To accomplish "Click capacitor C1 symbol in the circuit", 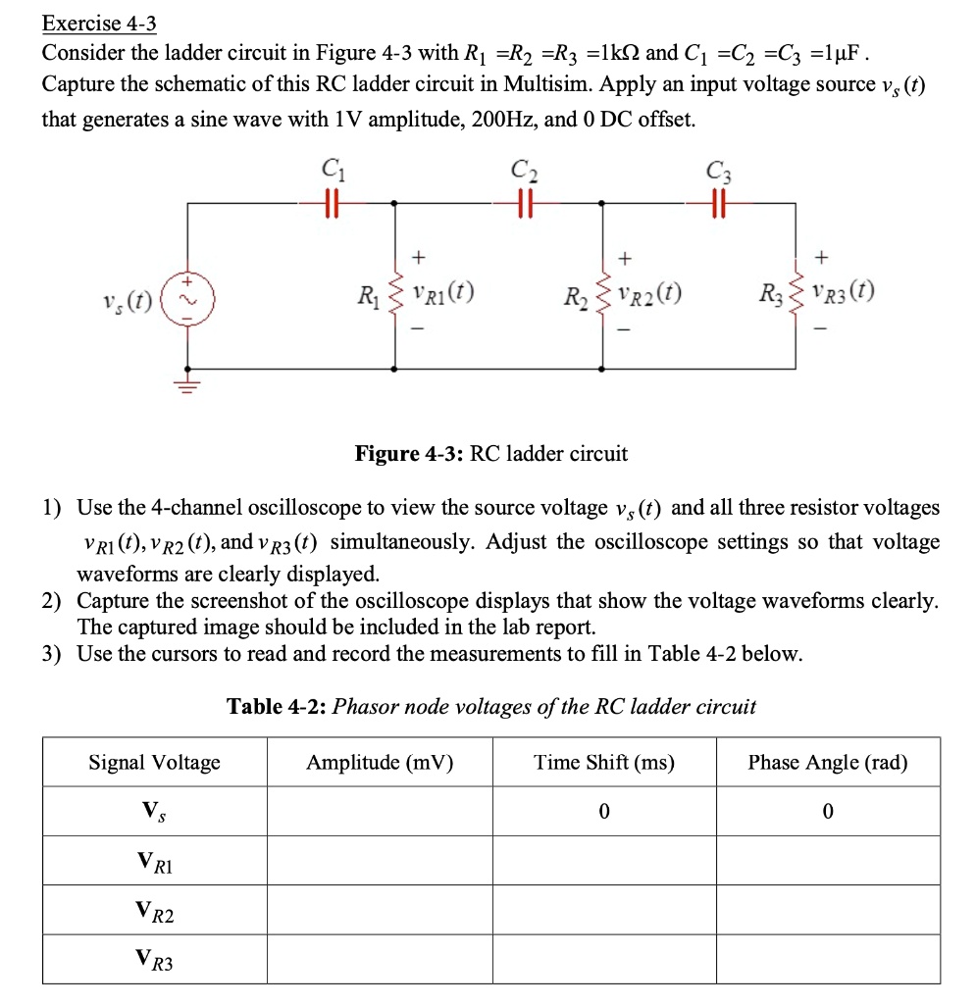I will pos(331,202).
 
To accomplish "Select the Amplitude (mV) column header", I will pos(380,763).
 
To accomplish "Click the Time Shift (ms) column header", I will pos(604,763).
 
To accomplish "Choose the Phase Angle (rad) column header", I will pos(828,763).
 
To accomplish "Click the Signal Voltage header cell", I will pos(155,763).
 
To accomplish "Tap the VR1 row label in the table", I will pos(155,863).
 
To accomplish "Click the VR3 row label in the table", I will pos(155,962).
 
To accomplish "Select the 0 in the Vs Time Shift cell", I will pos(604,812).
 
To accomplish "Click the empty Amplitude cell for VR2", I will pos(380,911).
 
